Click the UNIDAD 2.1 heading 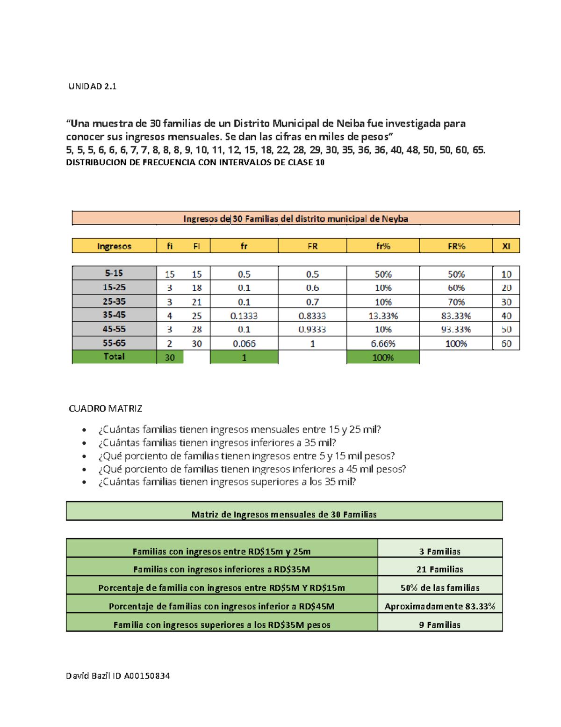tap(93, 86)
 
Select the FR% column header tap(456, 246)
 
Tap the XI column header tap(506, 246)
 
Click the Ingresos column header tap(114, 246)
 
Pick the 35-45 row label tap(114, 315)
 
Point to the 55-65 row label tap(114, 343)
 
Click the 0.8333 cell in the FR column tap(312, 316)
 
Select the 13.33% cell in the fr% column tap(383, 316)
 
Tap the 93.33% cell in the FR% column tap(456, 330)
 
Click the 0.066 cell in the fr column tap(244, 344)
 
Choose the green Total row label tap(114, 357)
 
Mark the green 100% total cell tap(383, 358)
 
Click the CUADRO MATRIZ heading tap(105, 408)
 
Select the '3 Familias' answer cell tap(439, 551)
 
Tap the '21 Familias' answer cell tap(439, 569)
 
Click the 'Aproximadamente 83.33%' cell tap(439, 606)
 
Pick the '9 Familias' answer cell tap(439, 624)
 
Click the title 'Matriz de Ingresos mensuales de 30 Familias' tap(284, 514)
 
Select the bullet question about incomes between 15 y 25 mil tap(239, 429)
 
